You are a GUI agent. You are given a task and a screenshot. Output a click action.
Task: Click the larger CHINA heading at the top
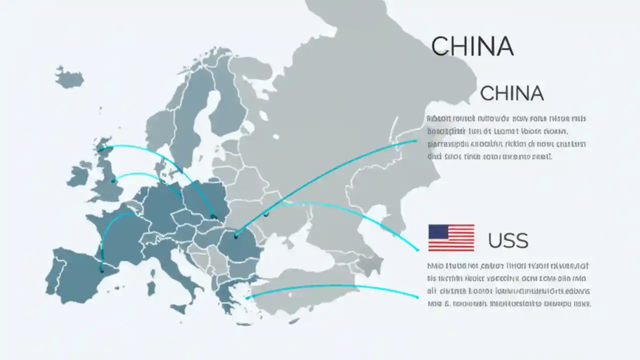coord(472,46)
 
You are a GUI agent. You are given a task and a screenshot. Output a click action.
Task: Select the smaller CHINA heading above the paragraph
coord(511,93)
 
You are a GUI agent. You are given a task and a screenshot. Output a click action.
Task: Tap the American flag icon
coord(451,237)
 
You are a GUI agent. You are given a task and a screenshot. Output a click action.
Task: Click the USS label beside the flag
coord(508,241)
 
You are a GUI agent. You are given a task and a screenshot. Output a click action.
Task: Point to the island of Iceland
coord(69,76)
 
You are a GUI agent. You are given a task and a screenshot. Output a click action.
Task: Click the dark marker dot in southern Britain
coord(114,180)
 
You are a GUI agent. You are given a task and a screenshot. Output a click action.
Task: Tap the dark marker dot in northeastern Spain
coord(102,270)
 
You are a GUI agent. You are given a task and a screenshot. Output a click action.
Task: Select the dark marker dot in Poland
coord(213,216)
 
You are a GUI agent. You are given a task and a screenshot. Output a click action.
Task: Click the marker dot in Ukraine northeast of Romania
coord(266,214)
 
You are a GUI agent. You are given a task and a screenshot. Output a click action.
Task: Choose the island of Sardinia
coord(150,288)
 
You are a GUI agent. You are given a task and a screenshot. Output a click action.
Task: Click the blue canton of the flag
coord(438,231)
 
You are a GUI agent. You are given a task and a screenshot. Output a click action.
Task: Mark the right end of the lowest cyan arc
coord(417,297)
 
